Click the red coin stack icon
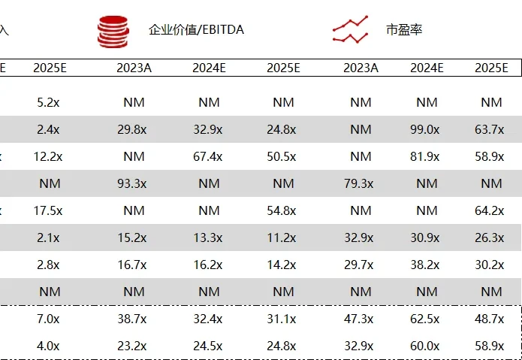(113, 32)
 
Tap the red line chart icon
(350, 29)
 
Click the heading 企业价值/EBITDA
(197, 29)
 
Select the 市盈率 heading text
(404, 29)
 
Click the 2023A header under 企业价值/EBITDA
(134, 68)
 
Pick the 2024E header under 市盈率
(427, 68)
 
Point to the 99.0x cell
(425, 129)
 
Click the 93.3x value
(132, 183)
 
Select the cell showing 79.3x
(359, 183)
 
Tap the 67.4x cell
(208, 156)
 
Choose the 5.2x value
(48, 102)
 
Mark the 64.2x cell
(490, 210)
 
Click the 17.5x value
(48, 210)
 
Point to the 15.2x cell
(132, 237)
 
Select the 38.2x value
(425, 265)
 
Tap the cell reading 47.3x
(359, 319)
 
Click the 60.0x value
(425, 346)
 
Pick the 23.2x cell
(132, 346)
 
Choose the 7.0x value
(48, 319)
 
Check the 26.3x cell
(490, 237)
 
